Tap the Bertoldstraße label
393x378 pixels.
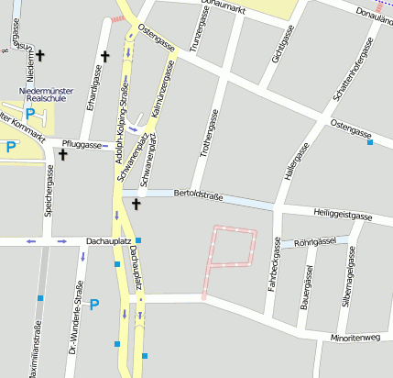click(199, 195)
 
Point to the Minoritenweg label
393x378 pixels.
click(358, 338)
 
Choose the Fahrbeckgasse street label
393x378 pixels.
click(272, 267)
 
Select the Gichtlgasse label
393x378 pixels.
click(273, 42)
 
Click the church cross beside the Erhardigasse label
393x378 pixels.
click(104, 57)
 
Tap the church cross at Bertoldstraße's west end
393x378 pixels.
click(136, 204)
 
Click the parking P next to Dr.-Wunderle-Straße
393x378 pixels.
click(93, 304)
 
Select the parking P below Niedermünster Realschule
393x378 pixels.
click(30, 115)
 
